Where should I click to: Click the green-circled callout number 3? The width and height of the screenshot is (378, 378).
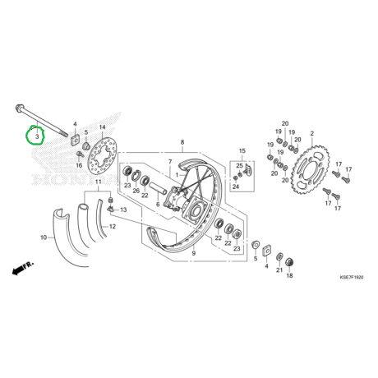click(x=38, y=136)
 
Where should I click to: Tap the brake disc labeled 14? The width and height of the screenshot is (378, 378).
click(x=104, y=156)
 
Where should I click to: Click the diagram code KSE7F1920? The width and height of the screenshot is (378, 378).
click(x=352, y=278)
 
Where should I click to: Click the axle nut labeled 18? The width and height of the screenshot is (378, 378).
click(x=289, y=262)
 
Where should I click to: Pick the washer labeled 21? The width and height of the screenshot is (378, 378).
click(x=279, y=257)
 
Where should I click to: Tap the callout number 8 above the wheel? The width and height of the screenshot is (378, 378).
click(x=182, y=142)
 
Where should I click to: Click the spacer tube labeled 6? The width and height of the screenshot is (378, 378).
click(x=158, y=187)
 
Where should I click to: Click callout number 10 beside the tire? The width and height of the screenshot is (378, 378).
click(x=44, y=237)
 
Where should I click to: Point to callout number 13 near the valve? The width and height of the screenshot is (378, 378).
click(x=123, y=210)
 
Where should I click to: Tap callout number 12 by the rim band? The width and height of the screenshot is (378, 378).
click(x=113, y=227)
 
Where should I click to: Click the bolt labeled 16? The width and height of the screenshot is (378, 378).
click(x=80, y=154)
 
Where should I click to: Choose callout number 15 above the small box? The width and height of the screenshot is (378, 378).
click(x=242, y=150)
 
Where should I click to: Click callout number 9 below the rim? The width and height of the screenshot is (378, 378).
click(x=194, y=253)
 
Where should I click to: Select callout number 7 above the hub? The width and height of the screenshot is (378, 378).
click(x=170, y=162)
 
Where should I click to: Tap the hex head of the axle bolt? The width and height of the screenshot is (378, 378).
click(x=20, y=107)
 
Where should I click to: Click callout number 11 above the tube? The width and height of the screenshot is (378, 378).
click(x=98, y=182)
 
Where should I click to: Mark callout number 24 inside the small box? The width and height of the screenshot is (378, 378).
click(x=236, y=187)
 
